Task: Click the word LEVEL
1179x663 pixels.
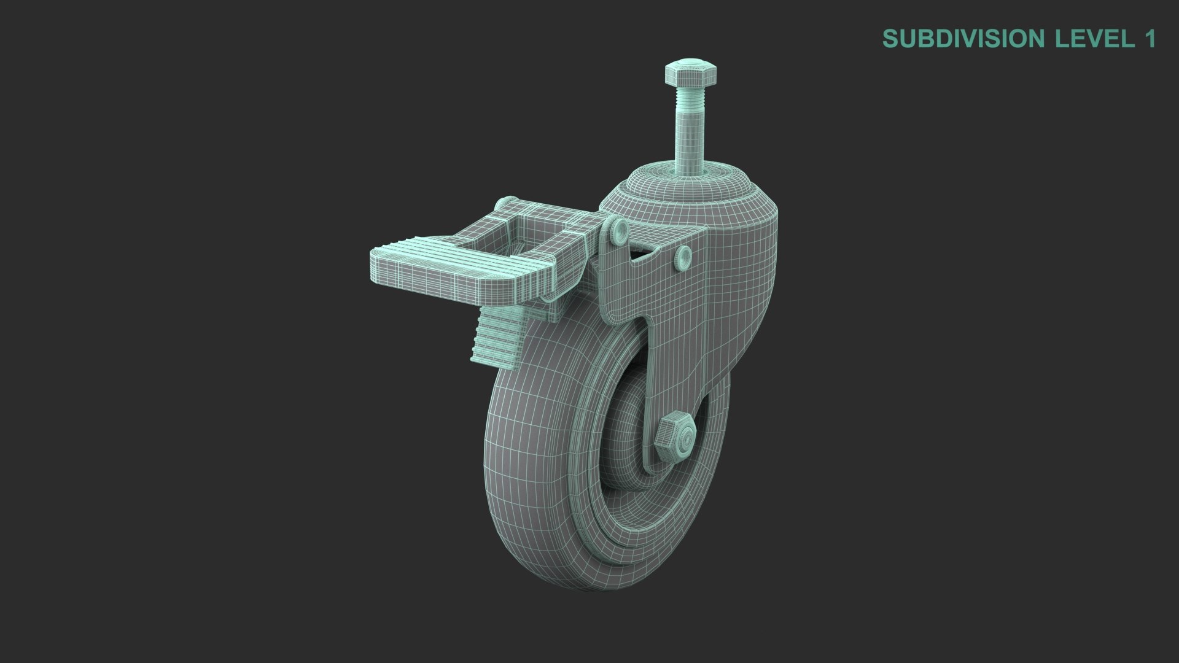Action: click(x=1090, y=39)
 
